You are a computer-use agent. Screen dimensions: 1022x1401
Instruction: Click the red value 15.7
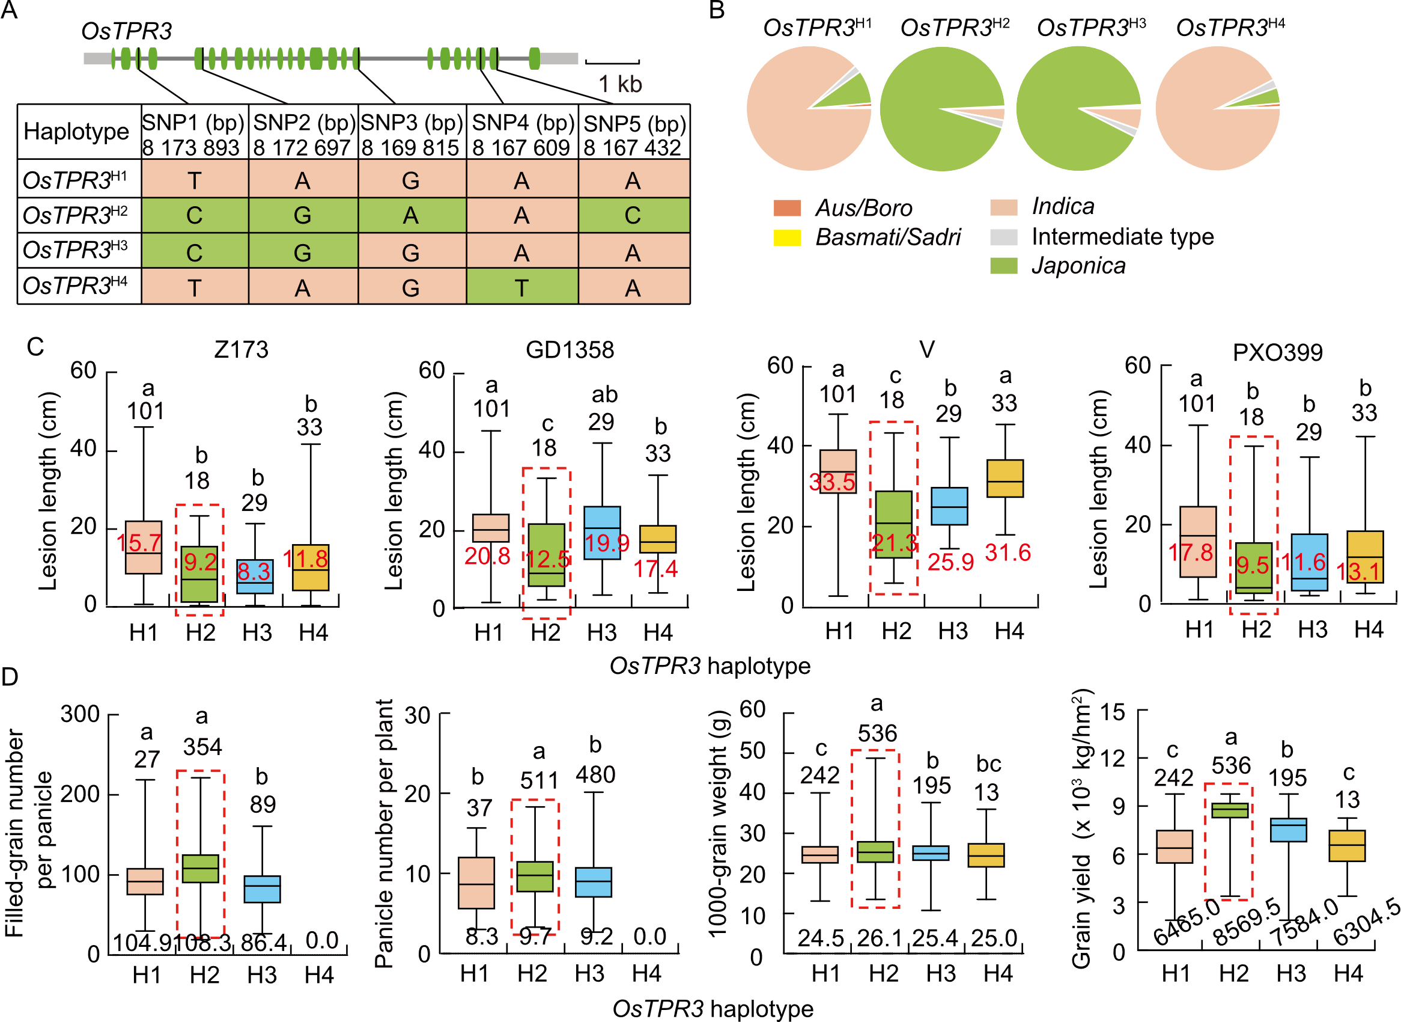click(x=139, y=543)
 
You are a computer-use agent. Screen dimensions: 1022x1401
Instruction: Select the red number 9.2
click(x=200, y=562)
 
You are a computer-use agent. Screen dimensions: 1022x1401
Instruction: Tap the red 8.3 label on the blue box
click(x=254, y=572)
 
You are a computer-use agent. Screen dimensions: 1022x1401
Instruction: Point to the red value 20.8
click(x=487, y=556)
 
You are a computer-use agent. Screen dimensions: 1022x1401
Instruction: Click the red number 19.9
click(x=607, y=543)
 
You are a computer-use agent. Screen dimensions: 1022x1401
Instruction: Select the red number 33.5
click(x=831, y=482)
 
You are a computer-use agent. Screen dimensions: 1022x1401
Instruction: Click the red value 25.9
click(x=950, y=562)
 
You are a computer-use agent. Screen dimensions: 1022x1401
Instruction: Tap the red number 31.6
click(x=1007, y=552)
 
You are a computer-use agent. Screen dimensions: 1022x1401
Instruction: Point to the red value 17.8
click(x=1191, y=552)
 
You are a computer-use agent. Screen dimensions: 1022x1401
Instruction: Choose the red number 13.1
click(x=1358, y=572)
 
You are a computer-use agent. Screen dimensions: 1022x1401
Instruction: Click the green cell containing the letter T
click(x=522, y=289)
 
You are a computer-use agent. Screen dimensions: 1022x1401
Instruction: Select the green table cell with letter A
click(x=411, y=215)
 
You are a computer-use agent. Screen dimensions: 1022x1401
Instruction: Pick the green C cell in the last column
click(x=633, y=215)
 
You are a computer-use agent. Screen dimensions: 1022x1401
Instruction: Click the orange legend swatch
click(x=787, y=208)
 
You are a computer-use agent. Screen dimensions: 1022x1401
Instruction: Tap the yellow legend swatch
click(x=787, y=237)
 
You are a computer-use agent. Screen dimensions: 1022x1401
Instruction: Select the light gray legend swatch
click(x=1003, y=237)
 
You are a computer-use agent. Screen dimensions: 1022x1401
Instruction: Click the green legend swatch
click(x=1003, y=266)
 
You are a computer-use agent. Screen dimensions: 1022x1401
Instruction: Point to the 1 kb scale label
click(x=620, y=84)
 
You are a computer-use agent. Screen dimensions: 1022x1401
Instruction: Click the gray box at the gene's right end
click(x=559, y=59)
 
